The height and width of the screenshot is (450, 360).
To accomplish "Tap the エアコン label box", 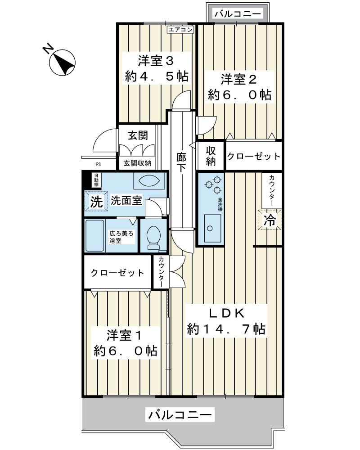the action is [180, 30].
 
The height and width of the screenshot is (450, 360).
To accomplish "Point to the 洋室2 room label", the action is [238, 80].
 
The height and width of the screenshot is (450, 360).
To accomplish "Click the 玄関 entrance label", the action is [138, 135].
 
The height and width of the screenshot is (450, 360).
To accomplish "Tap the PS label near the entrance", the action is [98, 164].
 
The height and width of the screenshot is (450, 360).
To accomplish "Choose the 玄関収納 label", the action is [138, 163].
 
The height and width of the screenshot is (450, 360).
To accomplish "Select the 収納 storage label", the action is [211, 156].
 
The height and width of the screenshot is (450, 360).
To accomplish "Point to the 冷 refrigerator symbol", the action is [270, 221].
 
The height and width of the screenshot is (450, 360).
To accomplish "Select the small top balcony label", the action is [238, 14].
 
